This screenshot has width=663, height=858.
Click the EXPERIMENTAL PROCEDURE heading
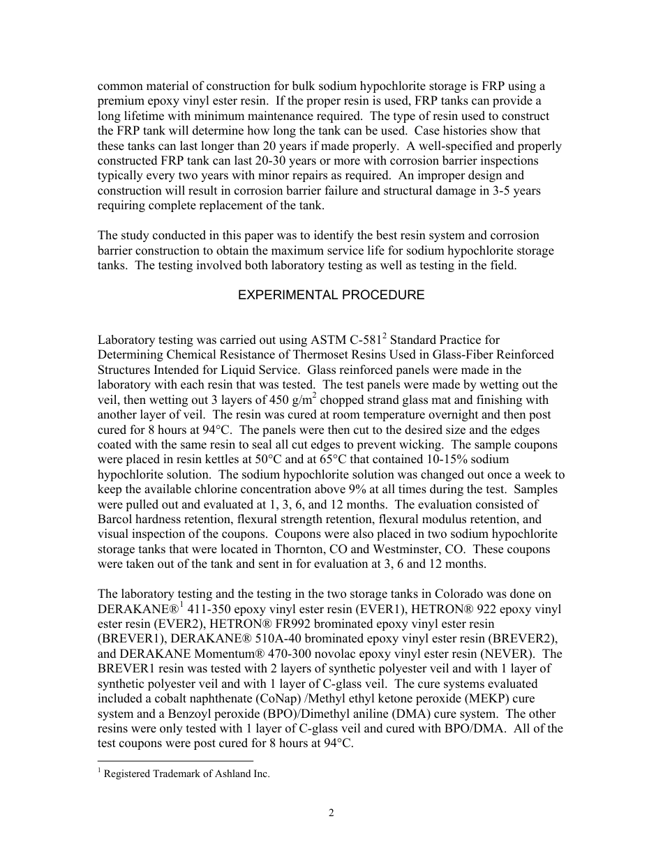click(331, 295)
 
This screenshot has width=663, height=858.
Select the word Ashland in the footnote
click(226, 774)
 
